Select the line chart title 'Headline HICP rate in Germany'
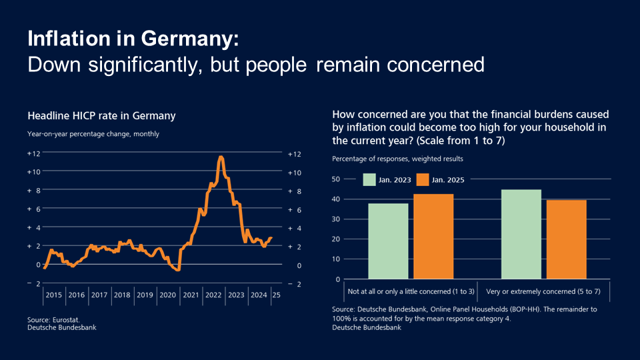coord(101,116)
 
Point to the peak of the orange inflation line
coord(221,157)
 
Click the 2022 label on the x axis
coord(213,295)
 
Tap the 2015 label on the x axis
coord(54,295)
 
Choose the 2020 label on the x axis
coord(168,295)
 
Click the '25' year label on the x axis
coord(276,295)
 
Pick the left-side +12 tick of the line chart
coord(34,153)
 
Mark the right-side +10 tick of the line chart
coord(295,172)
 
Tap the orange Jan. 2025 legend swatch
coord(422,179)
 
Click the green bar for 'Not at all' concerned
coord(388,241)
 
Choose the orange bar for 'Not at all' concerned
coord(433,237)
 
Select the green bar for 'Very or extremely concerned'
coord(521,234)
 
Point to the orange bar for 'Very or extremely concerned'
coord(567,239)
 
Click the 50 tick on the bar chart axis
coord(336,179)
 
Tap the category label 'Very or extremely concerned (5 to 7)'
coord(545,291)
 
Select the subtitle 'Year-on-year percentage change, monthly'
coord(93,134)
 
